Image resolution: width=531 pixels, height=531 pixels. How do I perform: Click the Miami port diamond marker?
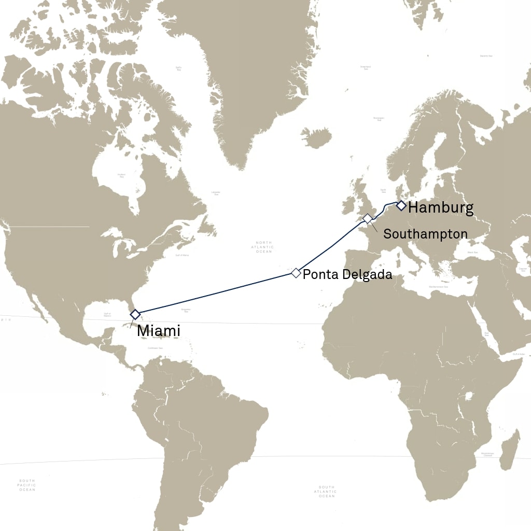point(135,314)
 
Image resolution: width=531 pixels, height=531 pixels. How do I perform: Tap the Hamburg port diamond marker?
point(401,206)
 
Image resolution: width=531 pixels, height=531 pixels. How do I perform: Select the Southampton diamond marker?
point(367,219)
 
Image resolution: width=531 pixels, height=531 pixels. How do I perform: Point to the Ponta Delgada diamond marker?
point(296,273)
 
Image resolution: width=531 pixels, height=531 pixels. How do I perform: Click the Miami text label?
point(159,330)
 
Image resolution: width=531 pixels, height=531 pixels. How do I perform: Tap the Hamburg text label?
point(441,208)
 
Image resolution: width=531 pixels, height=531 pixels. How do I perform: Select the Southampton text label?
point(425,234)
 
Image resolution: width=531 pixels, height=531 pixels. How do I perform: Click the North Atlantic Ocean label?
point(264,247)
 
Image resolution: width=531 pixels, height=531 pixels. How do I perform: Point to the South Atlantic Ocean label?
point(327,492)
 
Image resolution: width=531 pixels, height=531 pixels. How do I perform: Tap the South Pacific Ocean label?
point(26,485)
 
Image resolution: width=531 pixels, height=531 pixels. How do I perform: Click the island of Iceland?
point(316,138)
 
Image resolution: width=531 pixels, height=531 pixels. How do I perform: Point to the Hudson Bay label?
point(122,175)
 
